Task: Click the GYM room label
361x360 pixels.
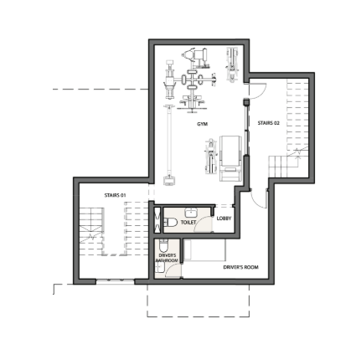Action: point(202,124)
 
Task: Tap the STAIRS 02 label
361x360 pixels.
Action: point(268,123)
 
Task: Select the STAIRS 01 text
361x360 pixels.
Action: point(115,195)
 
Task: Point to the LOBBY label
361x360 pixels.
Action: point(224,219)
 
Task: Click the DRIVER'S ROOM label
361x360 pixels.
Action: point(240,267)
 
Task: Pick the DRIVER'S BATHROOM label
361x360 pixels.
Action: point(167,258)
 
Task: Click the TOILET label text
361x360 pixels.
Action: point(188,223)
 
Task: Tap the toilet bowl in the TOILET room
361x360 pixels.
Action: point(171,223)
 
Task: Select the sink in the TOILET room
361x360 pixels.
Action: point(191,213)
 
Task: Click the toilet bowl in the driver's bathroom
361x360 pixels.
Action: point(162,245)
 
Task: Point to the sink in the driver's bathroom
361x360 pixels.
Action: point(159,268)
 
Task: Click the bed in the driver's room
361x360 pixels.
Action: point(204,249)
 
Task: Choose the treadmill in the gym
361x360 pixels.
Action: point(230,158)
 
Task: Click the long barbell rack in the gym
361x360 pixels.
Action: point(169,145)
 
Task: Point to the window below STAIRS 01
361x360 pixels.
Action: point(116,281)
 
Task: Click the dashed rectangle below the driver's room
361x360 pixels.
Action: point(198,316)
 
